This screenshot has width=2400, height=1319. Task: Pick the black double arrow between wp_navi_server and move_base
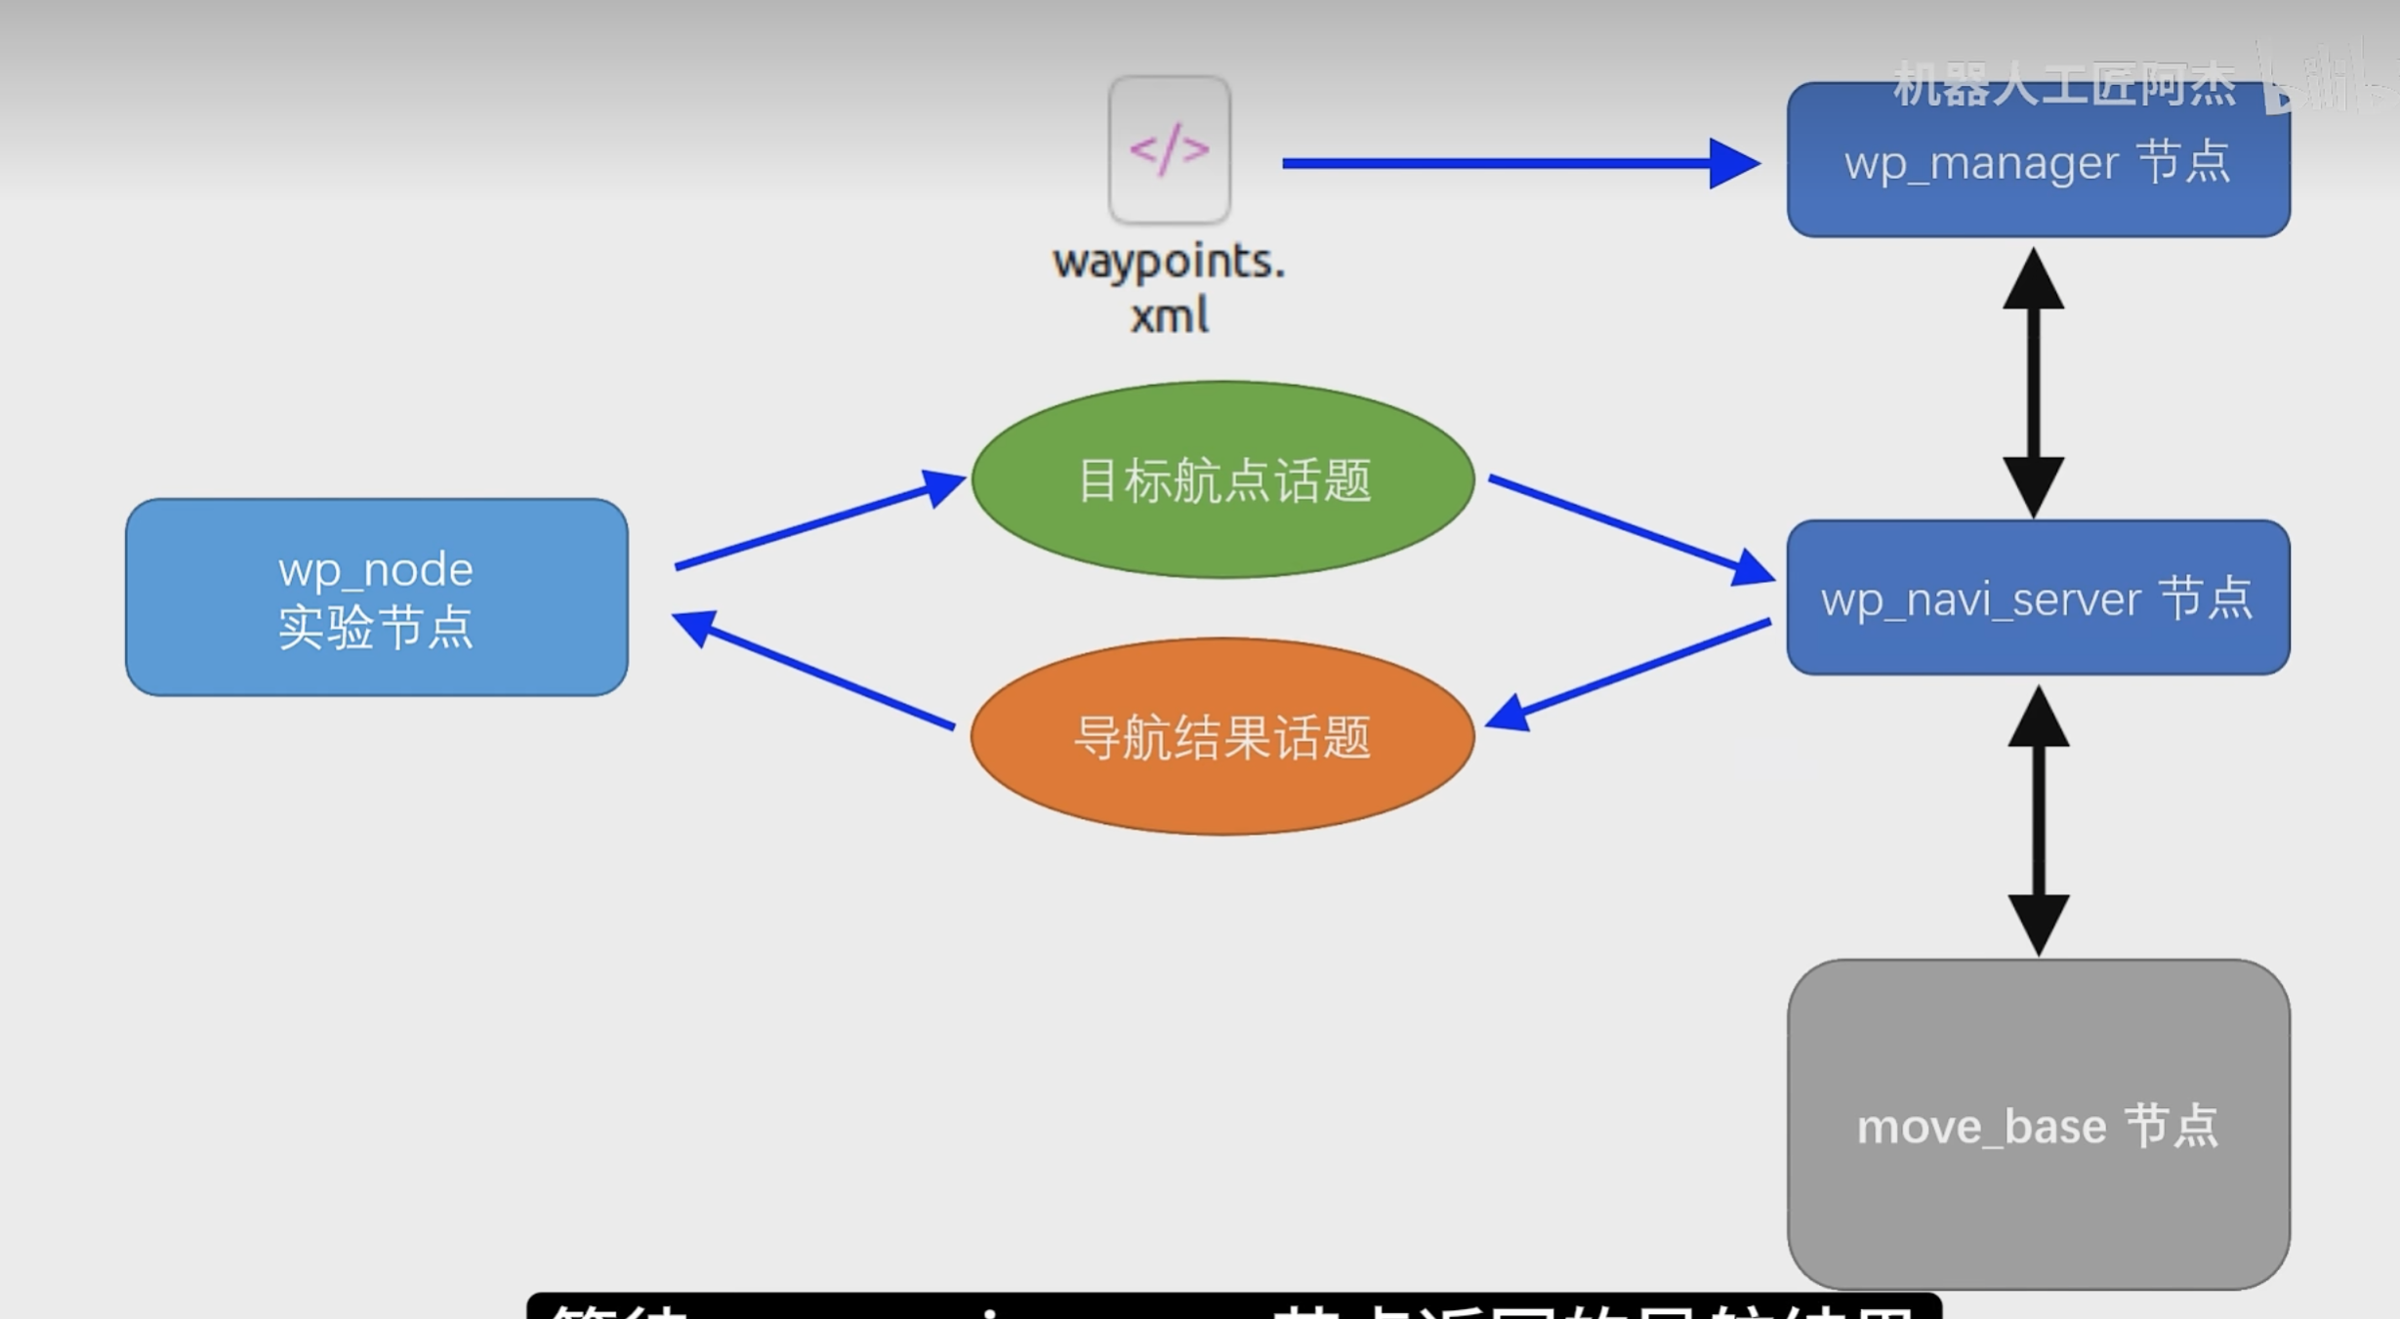2038,820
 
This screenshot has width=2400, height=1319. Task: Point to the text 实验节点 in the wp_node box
376,628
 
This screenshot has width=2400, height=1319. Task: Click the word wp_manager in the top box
1982,163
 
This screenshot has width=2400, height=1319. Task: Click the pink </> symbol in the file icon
1169,148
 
